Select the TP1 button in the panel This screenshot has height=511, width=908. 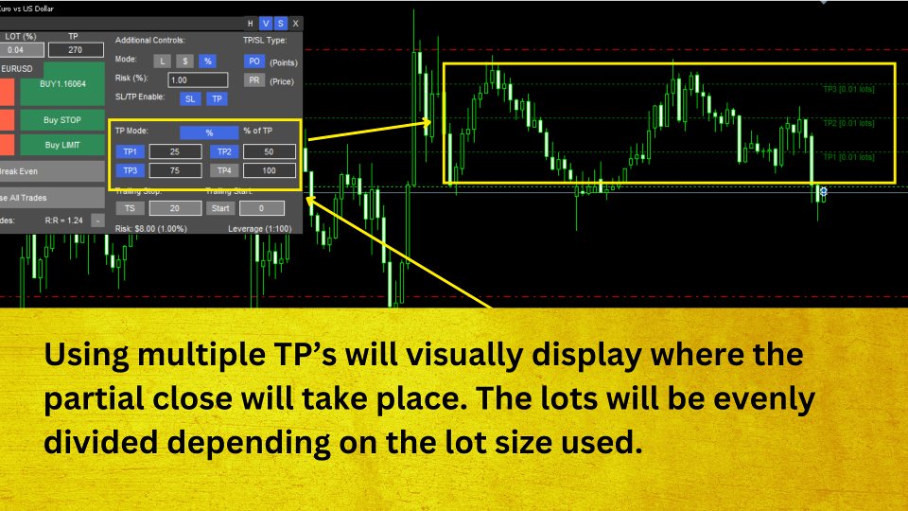(127, 151)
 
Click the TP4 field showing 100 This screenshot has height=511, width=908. (270, 170)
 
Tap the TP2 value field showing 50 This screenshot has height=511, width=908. (270, 151)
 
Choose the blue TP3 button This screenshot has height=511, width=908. (127, 170)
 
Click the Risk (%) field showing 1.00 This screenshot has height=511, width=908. (198, 80)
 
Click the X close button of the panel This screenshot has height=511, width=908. (295, 23)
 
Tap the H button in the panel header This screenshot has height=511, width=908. (250, 23)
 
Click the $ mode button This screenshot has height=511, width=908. (185, 61)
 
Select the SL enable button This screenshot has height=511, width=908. (190, 98)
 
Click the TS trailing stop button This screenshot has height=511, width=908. (127, 208)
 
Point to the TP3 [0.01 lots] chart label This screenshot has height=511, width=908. (849, 90)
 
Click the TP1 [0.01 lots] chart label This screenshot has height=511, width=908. (849, 156)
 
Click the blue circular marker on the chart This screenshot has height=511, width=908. (824, 192)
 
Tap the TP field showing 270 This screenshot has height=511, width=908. (74, 50)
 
